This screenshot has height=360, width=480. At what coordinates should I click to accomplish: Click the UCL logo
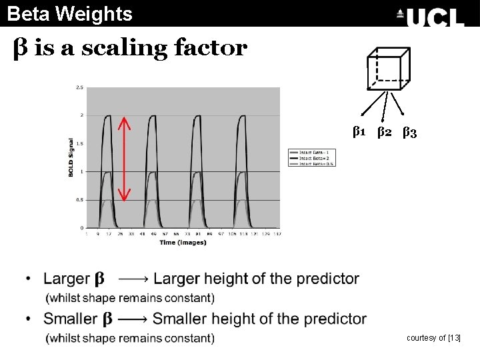pyautogui.click(x=430, y=16)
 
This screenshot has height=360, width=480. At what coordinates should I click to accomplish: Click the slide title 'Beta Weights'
pyautogui.click(x=70, y=13)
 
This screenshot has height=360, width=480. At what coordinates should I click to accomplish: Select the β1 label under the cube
pyautogui.click(x=359, y=132)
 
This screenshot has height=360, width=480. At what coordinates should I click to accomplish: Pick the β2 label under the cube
pyautogui.click(x=384, y=132)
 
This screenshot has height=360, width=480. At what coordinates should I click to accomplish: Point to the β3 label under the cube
pyautogui.click(x=409, y=132)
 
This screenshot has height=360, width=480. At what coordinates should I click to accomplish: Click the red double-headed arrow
pyautogui.click(x=124, y=159)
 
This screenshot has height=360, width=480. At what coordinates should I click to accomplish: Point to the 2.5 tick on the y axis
pyautogui.click(x=79, y=87)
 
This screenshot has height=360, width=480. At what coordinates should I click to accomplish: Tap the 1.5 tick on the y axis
pyautogui.click(x=79, y=143)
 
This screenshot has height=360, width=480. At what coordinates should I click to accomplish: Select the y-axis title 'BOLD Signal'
pyautogui.click(x=71, y=157)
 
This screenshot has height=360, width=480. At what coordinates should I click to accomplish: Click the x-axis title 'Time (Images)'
pyautogui.click(x=183, y=243)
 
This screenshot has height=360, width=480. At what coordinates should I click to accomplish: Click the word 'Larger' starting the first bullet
pyautogui.click(x=67, y=279)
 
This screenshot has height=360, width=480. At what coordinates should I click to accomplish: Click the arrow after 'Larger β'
pyautogui.click(x=133, y=279)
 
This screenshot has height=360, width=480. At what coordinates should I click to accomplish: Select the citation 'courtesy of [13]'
pyautogui.click(x=433, y=338)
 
